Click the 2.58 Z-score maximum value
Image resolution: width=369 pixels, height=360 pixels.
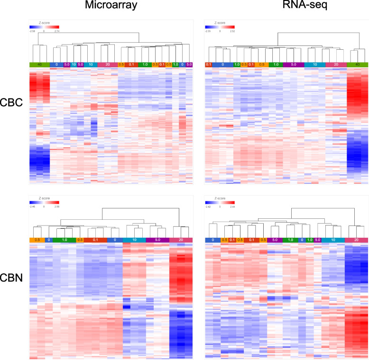tap(56, 207)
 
